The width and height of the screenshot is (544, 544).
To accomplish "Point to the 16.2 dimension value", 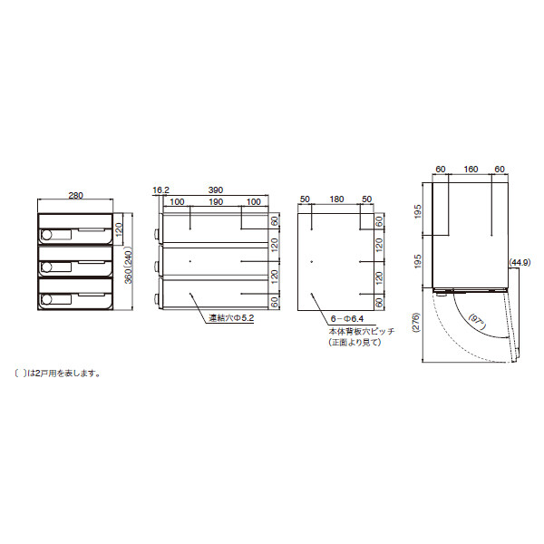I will coord(160,189).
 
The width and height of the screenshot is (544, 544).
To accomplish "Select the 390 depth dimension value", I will coord(215,189).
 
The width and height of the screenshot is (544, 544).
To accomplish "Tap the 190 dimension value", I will coord(216,201).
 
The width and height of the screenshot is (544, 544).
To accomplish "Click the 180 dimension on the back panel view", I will coord(336,199).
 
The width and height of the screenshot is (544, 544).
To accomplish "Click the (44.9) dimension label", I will coord(520,262).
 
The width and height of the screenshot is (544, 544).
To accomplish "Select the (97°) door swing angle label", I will coord(480,319).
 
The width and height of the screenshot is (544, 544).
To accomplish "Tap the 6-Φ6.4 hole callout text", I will coord(348,319).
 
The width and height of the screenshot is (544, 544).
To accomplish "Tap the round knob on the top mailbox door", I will coord(45,235).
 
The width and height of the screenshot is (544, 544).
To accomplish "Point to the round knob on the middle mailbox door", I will coord(45,266).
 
